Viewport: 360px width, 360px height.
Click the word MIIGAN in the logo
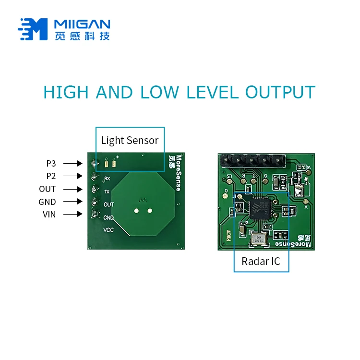point(82,24)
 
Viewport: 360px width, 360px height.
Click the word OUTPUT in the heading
point(280,92)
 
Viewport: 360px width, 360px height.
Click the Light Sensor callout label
point(130,140)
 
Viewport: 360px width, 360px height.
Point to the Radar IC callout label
point(261,262)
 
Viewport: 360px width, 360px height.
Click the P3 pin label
point(51,163)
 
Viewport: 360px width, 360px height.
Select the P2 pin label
point(51,176)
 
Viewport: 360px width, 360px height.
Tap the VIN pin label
point(49,215)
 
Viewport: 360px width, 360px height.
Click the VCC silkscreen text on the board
point(109,230)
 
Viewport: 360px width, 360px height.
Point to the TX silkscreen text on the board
point(107,192)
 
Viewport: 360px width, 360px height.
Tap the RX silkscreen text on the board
point(107,179)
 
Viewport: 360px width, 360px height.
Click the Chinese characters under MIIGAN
point(82,36)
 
